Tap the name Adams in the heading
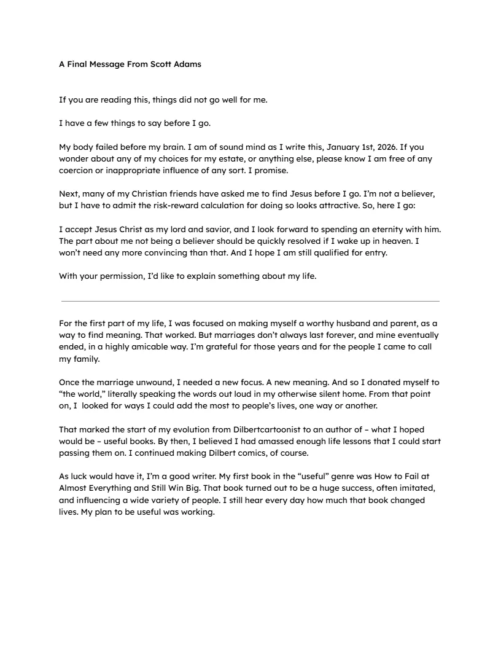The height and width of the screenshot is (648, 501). [187, 64]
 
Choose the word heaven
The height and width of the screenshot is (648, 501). [389, 240]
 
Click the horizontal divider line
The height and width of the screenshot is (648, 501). [251, 301]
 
